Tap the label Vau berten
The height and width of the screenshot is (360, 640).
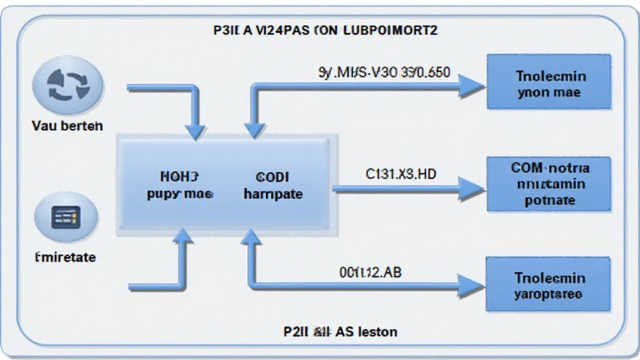67,126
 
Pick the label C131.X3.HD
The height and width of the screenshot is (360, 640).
401,174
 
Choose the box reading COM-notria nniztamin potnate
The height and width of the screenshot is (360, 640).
548,184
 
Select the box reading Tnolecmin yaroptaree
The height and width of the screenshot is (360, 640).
548,284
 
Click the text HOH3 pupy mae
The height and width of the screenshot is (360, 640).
180,186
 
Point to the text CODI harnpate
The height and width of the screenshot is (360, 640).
272,186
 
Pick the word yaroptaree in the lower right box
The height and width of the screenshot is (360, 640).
548,293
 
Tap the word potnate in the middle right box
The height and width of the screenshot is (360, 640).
549,201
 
